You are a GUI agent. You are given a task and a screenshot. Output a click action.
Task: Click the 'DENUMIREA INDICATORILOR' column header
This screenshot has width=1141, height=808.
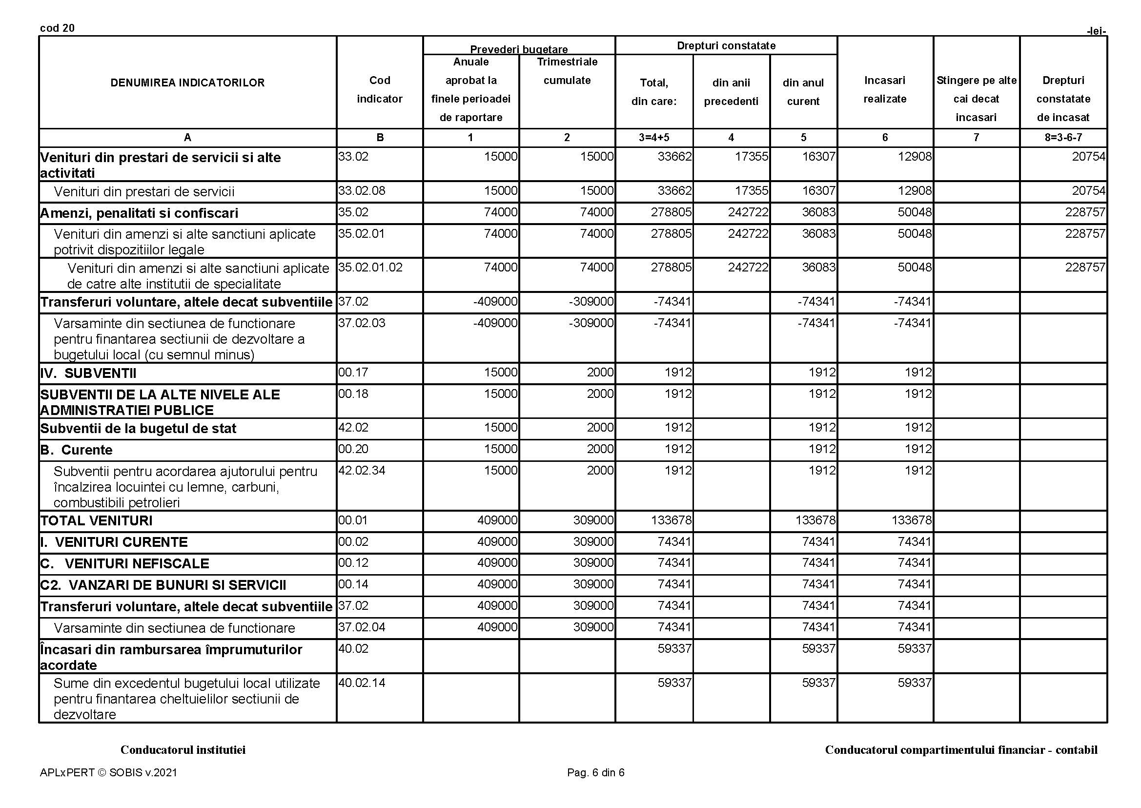(187, 83)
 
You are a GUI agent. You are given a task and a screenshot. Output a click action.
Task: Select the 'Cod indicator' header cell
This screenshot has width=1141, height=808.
(380, 89)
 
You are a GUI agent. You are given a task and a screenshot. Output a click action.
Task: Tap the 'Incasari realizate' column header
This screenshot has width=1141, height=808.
(885, 89)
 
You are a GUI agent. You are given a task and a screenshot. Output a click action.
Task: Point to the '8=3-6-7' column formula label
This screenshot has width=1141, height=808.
(1063, 138)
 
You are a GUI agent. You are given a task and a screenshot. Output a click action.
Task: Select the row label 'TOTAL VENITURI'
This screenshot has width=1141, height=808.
(97, 521)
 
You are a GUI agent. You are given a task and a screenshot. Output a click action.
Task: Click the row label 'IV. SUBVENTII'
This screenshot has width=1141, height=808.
(88, 373)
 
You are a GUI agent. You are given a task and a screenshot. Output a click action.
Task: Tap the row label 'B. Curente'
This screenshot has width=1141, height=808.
(77, 450)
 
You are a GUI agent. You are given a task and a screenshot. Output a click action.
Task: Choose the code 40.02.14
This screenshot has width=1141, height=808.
(362, 683)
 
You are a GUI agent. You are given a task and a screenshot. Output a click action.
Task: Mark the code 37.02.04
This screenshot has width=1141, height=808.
(362, 627)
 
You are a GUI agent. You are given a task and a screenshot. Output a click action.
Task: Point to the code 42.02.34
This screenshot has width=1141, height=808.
(362, 471)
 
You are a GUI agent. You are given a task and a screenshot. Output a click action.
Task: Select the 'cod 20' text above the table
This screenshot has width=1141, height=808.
(57, 28)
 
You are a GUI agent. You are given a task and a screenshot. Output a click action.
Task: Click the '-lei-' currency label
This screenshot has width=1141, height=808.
(1096, 31)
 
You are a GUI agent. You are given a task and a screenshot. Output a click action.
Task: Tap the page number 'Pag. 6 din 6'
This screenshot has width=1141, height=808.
(595, 773)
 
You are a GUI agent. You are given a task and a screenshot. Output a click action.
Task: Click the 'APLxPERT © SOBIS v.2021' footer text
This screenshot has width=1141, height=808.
(108, 773)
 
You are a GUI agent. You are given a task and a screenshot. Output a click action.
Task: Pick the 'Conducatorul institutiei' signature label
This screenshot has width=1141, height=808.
(183, 750)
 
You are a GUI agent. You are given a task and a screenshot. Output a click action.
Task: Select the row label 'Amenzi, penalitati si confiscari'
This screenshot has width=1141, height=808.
(139, 213)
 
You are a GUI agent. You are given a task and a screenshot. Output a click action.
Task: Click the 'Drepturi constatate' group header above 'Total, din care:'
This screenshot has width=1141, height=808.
(726, 46)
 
